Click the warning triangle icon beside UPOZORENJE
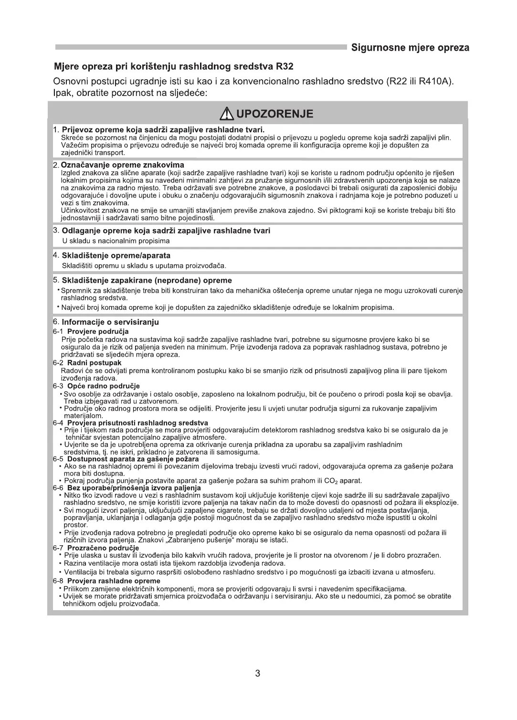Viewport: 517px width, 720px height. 227,114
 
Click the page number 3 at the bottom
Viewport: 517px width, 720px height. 258,674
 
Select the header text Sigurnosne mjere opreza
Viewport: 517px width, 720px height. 410,48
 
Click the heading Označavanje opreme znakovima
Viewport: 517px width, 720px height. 123,165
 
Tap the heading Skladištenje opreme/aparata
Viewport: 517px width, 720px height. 116,255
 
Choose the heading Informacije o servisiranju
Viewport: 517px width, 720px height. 110,322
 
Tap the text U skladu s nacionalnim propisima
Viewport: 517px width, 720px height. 116,241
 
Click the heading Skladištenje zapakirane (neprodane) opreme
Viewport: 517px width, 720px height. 147,280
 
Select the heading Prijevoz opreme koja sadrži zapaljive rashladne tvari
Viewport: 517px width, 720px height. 163,129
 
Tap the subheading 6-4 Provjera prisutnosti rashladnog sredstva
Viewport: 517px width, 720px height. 130,423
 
